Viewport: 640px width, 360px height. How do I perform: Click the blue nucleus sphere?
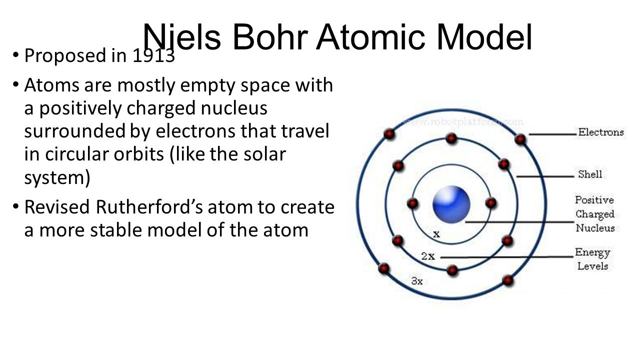click(451, 204)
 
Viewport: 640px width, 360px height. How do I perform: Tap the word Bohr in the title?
click(273, 37)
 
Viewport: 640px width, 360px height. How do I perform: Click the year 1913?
click(153, 56)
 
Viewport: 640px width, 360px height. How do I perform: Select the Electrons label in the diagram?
click(601, 132)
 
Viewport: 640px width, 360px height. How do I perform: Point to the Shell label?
click(590, 174)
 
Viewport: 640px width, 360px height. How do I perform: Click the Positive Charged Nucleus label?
click(594, 214)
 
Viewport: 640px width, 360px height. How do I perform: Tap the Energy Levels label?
click(592, 259)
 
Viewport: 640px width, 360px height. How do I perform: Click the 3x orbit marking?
click(417, 281)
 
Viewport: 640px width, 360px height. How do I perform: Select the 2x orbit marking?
click(427, 256)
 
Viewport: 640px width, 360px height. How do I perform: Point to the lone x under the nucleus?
click(436, 233)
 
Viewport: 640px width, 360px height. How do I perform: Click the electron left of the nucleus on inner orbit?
click(412, 203)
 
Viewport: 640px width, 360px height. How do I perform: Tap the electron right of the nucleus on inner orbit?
click(490, 203)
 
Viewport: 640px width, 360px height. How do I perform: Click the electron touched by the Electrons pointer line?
click(520, 139)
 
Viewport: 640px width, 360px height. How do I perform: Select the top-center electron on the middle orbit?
click(451, 138)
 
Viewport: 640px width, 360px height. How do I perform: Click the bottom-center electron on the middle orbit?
click(452, 270)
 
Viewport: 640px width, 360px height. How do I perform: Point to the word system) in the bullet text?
click(57, 177)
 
